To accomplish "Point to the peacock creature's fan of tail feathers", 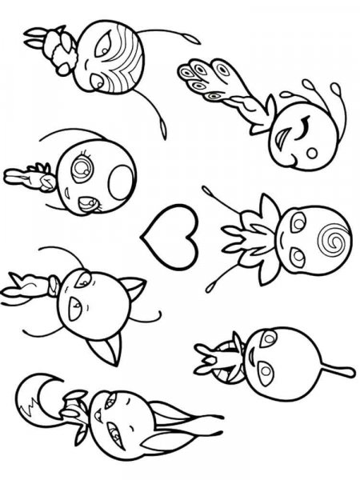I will point(204,78).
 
